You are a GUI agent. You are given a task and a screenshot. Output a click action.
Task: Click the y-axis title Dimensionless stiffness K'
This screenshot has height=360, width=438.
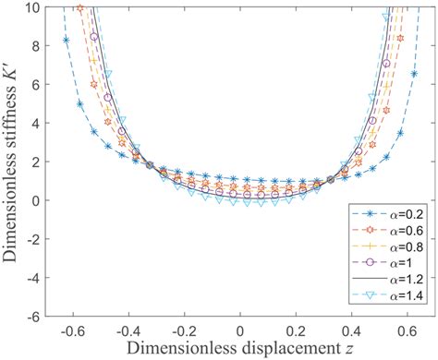[13, 162]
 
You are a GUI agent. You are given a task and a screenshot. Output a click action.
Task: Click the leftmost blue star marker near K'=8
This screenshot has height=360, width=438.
[65, 40]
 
